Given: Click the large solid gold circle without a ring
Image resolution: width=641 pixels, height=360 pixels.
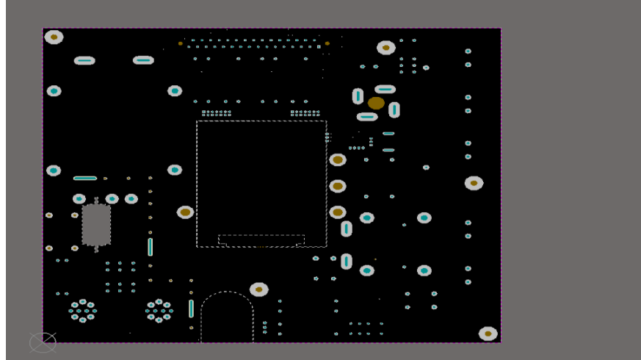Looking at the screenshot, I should (376, 103).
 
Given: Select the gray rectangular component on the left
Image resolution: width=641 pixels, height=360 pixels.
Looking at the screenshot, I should (96, 224).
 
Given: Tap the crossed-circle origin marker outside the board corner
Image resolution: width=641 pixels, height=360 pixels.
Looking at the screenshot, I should (43, 342).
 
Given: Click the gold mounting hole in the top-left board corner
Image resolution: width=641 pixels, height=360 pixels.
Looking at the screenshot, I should (54, 37).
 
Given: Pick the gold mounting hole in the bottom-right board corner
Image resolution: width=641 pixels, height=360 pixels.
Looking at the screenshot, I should (488, 334).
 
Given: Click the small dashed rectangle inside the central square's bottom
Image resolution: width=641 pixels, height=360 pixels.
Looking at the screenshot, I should (261, 240).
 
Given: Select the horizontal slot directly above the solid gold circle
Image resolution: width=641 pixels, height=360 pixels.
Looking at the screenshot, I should (385, 89).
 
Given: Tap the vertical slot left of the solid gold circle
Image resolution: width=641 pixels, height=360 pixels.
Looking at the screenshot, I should (358, 96).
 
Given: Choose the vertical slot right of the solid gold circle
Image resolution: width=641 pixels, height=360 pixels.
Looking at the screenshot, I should (394, 109).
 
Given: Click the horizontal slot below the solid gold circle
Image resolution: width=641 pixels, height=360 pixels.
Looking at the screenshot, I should (367, 117).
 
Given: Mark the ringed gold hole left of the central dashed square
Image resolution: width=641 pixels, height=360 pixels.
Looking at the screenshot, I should (185, 212).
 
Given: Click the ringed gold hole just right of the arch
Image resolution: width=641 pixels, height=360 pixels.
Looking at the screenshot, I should (258, 289).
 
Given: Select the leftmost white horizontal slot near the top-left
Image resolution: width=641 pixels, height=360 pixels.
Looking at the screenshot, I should (84, 60).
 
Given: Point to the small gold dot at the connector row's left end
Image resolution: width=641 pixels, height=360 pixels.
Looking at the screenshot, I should (181, 43).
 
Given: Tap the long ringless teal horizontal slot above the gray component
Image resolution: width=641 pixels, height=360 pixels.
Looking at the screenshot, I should (85, 178).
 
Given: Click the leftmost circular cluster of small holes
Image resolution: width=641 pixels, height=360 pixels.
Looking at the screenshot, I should (82, 311).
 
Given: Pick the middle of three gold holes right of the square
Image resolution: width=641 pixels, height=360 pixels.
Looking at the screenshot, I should (338, 186).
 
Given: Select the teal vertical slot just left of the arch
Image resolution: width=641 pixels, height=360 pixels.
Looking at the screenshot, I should (191, 308).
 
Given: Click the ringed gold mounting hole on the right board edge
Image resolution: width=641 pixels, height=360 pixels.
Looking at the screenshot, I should (474, 183).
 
